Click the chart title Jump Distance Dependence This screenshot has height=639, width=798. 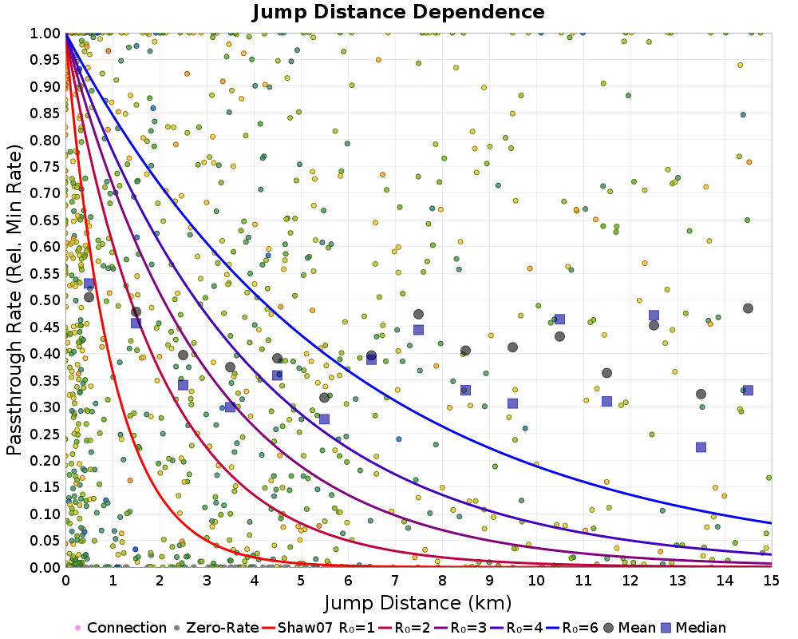[x=398, y=12]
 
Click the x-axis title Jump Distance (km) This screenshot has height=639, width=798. [x=418, y=603]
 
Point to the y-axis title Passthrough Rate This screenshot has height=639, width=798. [x=14, y=300]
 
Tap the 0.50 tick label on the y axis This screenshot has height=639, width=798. [x=45, y=300]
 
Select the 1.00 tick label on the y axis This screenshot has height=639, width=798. [x=45, y=34]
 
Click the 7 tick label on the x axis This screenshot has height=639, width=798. [x=395, y=581]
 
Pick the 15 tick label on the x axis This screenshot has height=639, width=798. [x=772, y=581]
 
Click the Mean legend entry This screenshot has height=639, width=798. [x=627, y=627]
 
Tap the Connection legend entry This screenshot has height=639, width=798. [x=121, y=627]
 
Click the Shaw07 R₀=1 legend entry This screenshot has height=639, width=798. [x=318, y=627]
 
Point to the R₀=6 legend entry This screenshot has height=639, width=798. [x=572, y=627]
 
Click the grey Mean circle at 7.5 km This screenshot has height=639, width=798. [x=418, y=315]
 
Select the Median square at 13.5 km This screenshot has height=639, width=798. [x=701, y=447]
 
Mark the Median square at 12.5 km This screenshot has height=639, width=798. [x=654, y=316]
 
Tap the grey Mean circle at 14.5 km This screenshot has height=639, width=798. [x=749, y=308]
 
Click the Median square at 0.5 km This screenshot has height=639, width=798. [x=89, y=284]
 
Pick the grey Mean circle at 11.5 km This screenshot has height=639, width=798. [x=606, y=373]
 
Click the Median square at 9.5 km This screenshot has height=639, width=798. [x=512, y=403]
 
